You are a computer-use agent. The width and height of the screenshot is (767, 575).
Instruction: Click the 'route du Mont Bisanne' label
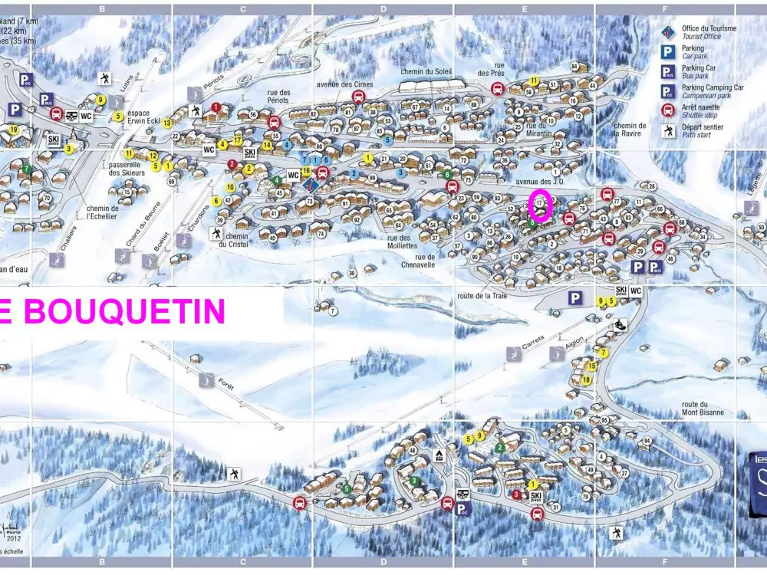(x=703, y=409)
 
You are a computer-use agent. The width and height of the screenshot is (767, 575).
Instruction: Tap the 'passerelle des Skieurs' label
(x=127, y=168)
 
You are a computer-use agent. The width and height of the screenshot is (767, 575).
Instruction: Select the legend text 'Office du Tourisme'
(x=709, y=29)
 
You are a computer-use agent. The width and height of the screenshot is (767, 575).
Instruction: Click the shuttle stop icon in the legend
(x=667, y=110)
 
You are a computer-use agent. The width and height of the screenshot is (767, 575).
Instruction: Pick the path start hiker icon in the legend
(x=667, y=130)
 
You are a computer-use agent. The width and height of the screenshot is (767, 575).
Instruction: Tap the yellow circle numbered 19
(x=14, y=130)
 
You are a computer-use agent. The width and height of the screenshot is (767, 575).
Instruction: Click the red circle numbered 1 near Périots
(x=216, y=107)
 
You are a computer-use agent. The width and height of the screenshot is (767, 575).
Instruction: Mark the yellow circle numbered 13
(x=166, y=123)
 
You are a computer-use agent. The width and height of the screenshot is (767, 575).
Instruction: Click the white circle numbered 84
(x=574, y=67)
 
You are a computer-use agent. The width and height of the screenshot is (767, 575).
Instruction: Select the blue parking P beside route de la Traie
(x=575, y=297)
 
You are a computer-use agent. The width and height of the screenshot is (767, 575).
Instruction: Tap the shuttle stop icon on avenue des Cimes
(x=357, y=96)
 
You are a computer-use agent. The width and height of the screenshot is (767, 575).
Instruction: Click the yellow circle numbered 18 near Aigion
(x=586, y=379)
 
